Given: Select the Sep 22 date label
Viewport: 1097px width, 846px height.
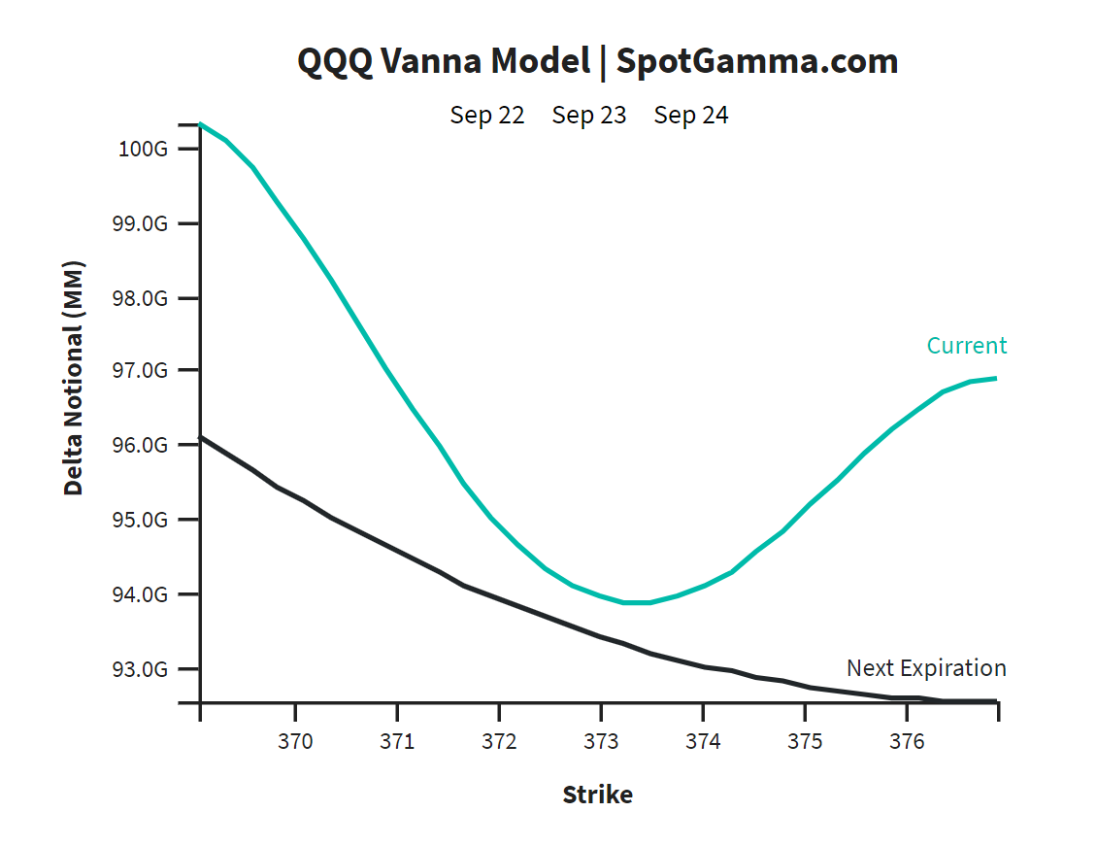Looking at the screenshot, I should [x=486, y=116].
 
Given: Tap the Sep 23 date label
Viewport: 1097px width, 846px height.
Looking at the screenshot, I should [x=589, y=116].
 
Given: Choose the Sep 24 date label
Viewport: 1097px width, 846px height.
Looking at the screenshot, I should [x=691, y=116].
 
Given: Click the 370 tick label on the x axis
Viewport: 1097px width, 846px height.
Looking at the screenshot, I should [x=295, y=742].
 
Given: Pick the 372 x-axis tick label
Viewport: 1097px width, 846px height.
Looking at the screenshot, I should [x=499, y=742].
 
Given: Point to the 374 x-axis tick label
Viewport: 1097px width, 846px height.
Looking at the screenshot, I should [x=703, y=742].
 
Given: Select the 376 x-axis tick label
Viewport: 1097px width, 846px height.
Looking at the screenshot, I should [x=907, y=742].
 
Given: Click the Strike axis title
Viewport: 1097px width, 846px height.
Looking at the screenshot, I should [x=597, y=795].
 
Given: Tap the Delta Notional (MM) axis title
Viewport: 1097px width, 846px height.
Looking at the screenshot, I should [x=74, y=378].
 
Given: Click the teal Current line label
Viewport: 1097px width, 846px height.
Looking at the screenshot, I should [x=966, y=346].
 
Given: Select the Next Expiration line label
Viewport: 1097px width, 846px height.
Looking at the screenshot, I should [x=926, y=668].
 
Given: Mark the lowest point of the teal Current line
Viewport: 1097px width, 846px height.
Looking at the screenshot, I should [x=637, y=602].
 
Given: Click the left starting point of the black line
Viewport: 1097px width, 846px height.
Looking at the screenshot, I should [x=201, y=438].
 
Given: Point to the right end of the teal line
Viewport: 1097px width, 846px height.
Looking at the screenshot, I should [x=995, y=378].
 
